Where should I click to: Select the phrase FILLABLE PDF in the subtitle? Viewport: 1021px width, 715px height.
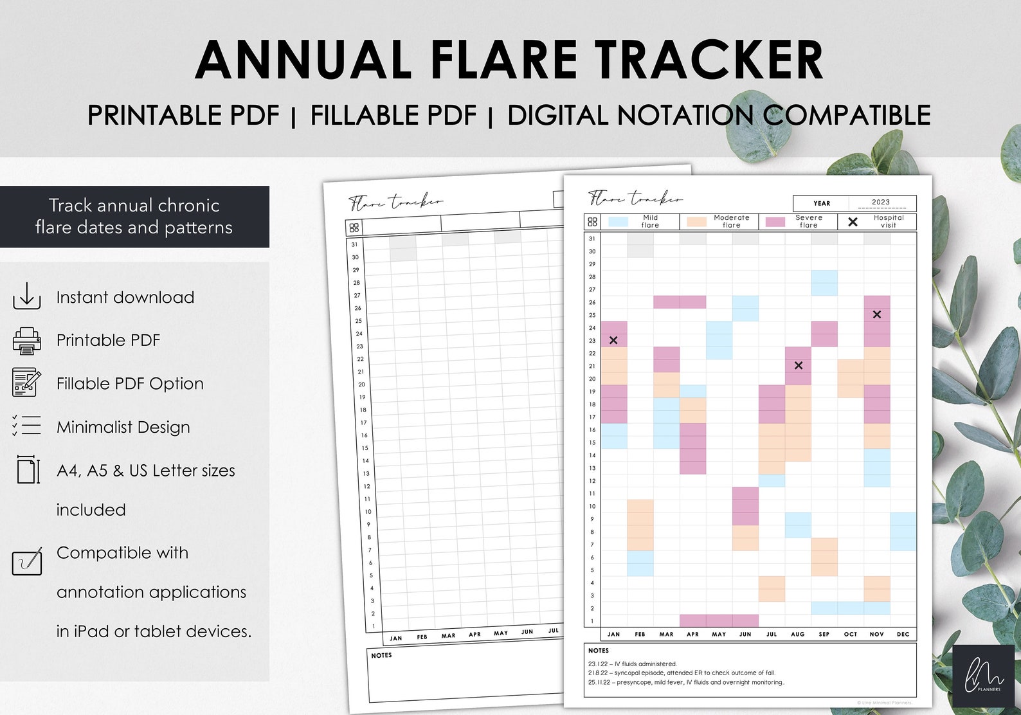[393, 116]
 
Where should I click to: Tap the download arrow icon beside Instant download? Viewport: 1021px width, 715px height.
[26, 296]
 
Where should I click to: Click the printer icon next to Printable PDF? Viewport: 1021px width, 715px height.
[26, 340]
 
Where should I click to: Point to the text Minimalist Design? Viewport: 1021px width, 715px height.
[123, 427]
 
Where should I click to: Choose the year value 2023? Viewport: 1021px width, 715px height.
[881, 202]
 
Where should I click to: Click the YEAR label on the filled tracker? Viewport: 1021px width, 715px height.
[822, 203]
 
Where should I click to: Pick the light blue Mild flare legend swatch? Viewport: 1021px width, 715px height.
[618, 222]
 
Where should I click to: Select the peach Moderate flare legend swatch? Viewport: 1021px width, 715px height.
[697, 222]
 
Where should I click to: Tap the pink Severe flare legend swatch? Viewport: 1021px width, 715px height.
[775, 222]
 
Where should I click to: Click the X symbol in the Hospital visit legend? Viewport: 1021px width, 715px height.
[853, 222]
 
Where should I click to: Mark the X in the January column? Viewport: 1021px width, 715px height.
[613, 340]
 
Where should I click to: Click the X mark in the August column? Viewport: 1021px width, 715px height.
[799, 365]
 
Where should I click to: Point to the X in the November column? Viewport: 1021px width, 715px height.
[877, 314]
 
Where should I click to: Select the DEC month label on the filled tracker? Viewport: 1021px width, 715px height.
[903, 634]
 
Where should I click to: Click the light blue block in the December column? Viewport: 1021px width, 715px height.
[903, 531]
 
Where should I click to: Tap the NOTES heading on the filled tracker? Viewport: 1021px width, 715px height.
[599, 651]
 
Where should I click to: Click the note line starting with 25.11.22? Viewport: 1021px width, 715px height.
[686, 682]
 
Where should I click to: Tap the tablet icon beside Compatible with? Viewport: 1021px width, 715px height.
[27, 561]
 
